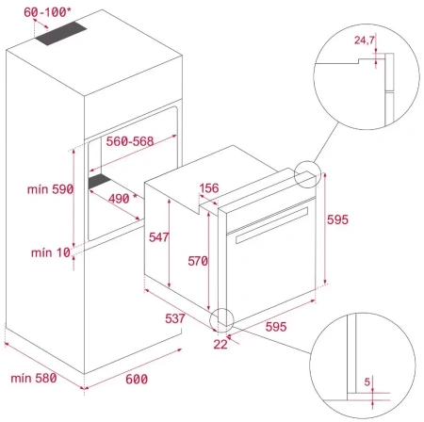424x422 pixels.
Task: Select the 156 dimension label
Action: (212, 189)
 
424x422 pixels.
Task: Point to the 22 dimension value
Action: (221, 346)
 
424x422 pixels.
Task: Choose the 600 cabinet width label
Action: (136, 378)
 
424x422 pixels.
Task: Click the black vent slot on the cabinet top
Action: (63, 37)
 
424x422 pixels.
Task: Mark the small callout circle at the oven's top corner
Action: (307, 175)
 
